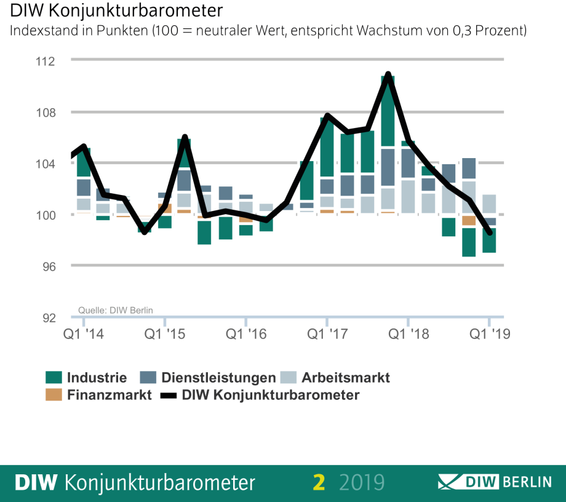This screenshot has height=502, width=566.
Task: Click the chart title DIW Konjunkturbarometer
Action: pyautogui.click(x=116, y=11)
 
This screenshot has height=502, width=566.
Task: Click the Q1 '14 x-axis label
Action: pyautogui.click(x=84, y=334)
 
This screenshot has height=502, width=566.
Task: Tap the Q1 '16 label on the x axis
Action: pyautogui.click(x=246, y=334)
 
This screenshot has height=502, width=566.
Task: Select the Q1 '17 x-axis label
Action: pyautogui.click(x=327, y=334)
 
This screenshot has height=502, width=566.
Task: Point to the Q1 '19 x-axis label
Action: pyautogui.click(x=490, y=334)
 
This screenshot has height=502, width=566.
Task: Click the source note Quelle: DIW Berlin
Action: pyautogui.click(x=116, y=310)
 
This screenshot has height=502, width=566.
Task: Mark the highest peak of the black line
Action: pyautogui.click(x=388, y=75)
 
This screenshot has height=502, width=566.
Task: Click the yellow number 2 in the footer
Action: pyautogui.click(x=318, y=482)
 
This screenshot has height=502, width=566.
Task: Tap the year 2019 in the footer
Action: pyautogui.click(x=362, y=482)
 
